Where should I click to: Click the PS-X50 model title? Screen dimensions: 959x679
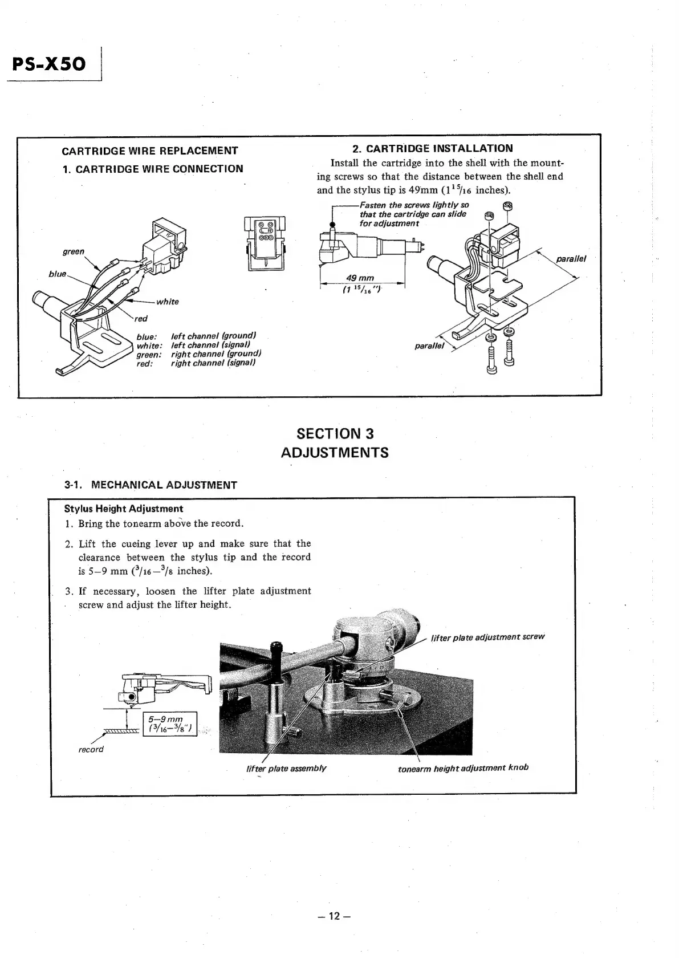point(48,63)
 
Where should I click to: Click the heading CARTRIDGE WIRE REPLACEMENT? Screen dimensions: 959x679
point(150,151)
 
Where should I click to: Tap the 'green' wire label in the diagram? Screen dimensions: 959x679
point(74,251)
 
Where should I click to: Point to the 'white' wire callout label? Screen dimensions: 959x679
point(168,302)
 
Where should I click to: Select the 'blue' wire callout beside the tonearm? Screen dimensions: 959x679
point(58,274)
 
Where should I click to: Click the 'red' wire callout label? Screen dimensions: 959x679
point(141,319)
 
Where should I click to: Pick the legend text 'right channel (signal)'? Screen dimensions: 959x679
point(213,363)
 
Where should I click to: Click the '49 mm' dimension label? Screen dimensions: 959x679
point(360,278)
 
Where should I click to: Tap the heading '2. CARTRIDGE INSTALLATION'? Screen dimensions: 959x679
point(432,149)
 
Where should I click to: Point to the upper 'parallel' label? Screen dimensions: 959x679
point(571,258)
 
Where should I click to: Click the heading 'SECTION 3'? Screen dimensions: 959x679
point(335,434)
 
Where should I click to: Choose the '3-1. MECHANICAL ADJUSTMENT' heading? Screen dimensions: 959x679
point(151,485)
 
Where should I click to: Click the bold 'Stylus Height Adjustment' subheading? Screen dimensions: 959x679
point(124,509)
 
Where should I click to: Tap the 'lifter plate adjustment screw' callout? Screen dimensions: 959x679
point(487,637)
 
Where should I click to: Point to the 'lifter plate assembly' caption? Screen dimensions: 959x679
point(286,768)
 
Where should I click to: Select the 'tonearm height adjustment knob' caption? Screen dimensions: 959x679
point(463,767)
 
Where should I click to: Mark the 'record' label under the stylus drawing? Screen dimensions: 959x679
point(91,749)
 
